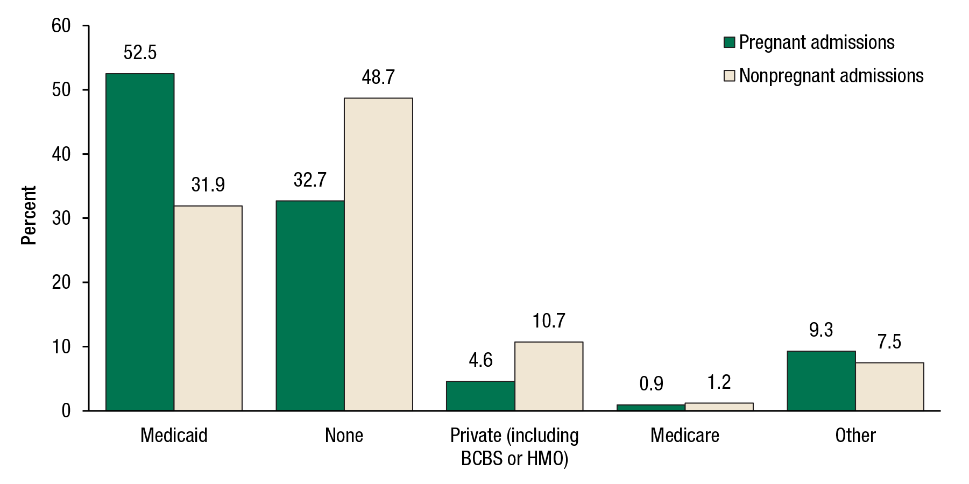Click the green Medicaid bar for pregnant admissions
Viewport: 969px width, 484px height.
[x=140, y=242]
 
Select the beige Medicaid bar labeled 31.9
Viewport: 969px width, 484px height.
[x=208, y=308]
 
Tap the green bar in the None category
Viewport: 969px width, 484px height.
[x=310, y=305]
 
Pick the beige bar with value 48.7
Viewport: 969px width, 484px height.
[x=378, y=254]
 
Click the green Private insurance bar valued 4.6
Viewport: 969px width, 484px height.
[x=480, y=396]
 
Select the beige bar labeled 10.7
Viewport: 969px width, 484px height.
[x=549, y=376]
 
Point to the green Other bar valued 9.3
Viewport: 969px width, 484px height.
[x=821, y=381]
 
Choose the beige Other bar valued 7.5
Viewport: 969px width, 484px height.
[x=889, y=387]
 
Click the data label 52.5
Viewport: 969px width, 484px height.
[x=140, y=53]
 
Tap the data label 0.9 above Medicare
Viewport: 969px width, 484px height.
[x=651, y=384]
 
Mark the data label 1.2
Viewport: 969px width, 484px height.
[x=719, y=382]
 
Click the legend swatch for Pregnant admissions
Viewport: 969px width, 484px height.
[x=729, y=42]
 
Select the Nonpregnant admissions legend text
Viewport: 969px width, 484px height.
[x=831, y=76]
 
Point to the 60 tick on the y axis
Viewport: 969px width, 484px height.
[x=61, y=26]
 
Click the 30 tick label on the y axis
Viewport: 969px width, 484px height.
[x=61, y=218]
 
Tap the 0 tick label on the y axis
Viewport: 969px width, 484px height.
[x=66, y=411]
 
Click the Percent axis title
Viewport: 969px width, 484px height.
[x=29, y=215]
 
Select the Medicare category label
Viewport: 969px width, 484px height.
[x=684, y=435]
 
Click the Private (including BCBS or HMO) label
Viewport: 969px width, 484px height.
[x=514, y=446]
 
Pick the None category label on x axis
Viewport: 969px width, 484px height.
[x=344, y=435]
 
